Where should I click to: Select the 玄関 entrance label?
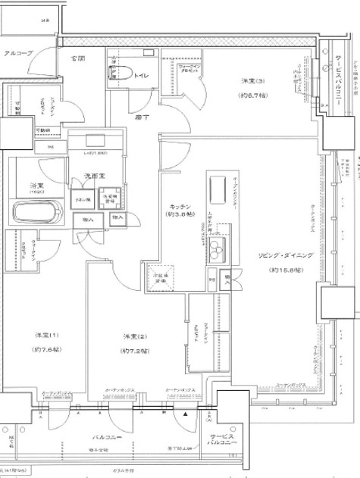click(78, 58)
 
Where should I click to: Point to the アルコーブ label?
click(18, 54)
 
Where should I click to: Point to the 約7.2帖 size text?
click(134, 351)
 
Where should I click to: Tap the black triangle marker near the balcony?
click(185, 414)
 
